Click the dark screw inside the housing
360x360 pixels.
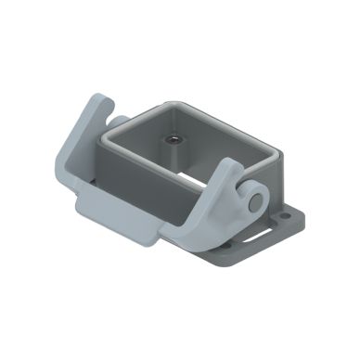point(174,140)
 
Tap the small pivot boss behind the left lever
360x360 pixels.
point(119,118)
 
